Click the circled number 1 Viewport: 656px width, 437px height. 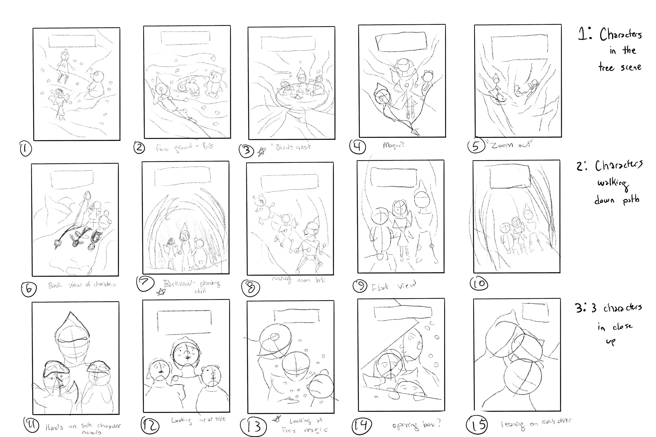tap(26, 149)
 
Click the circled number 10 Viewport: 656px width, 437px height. tap(479, 284)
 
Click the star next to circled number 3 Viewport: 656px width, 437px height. tap(261, 152)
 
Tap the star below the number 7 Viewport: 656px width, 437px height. tap(161, 292)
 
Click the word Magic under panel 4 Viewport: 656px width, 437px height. tap(393, 145)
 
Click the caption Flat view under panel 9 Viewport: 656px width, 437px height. tap(394, 286)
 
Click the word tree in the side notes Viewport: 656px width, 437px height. tap(606, 67)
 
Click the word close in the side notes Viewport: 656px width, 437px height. tap(622, 326)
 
